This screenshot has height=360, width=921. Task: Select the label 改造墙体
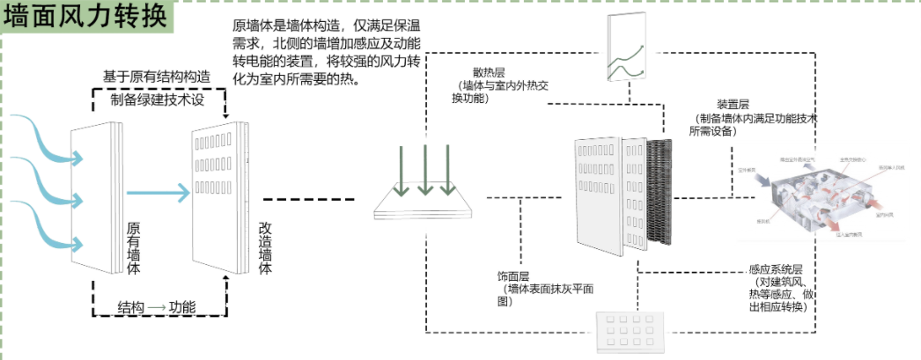pos(265,247)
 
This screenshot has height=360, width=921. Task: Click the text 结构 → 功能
pos(157,307)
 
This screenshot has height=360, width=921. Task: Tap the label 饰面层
pos(513,276)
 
